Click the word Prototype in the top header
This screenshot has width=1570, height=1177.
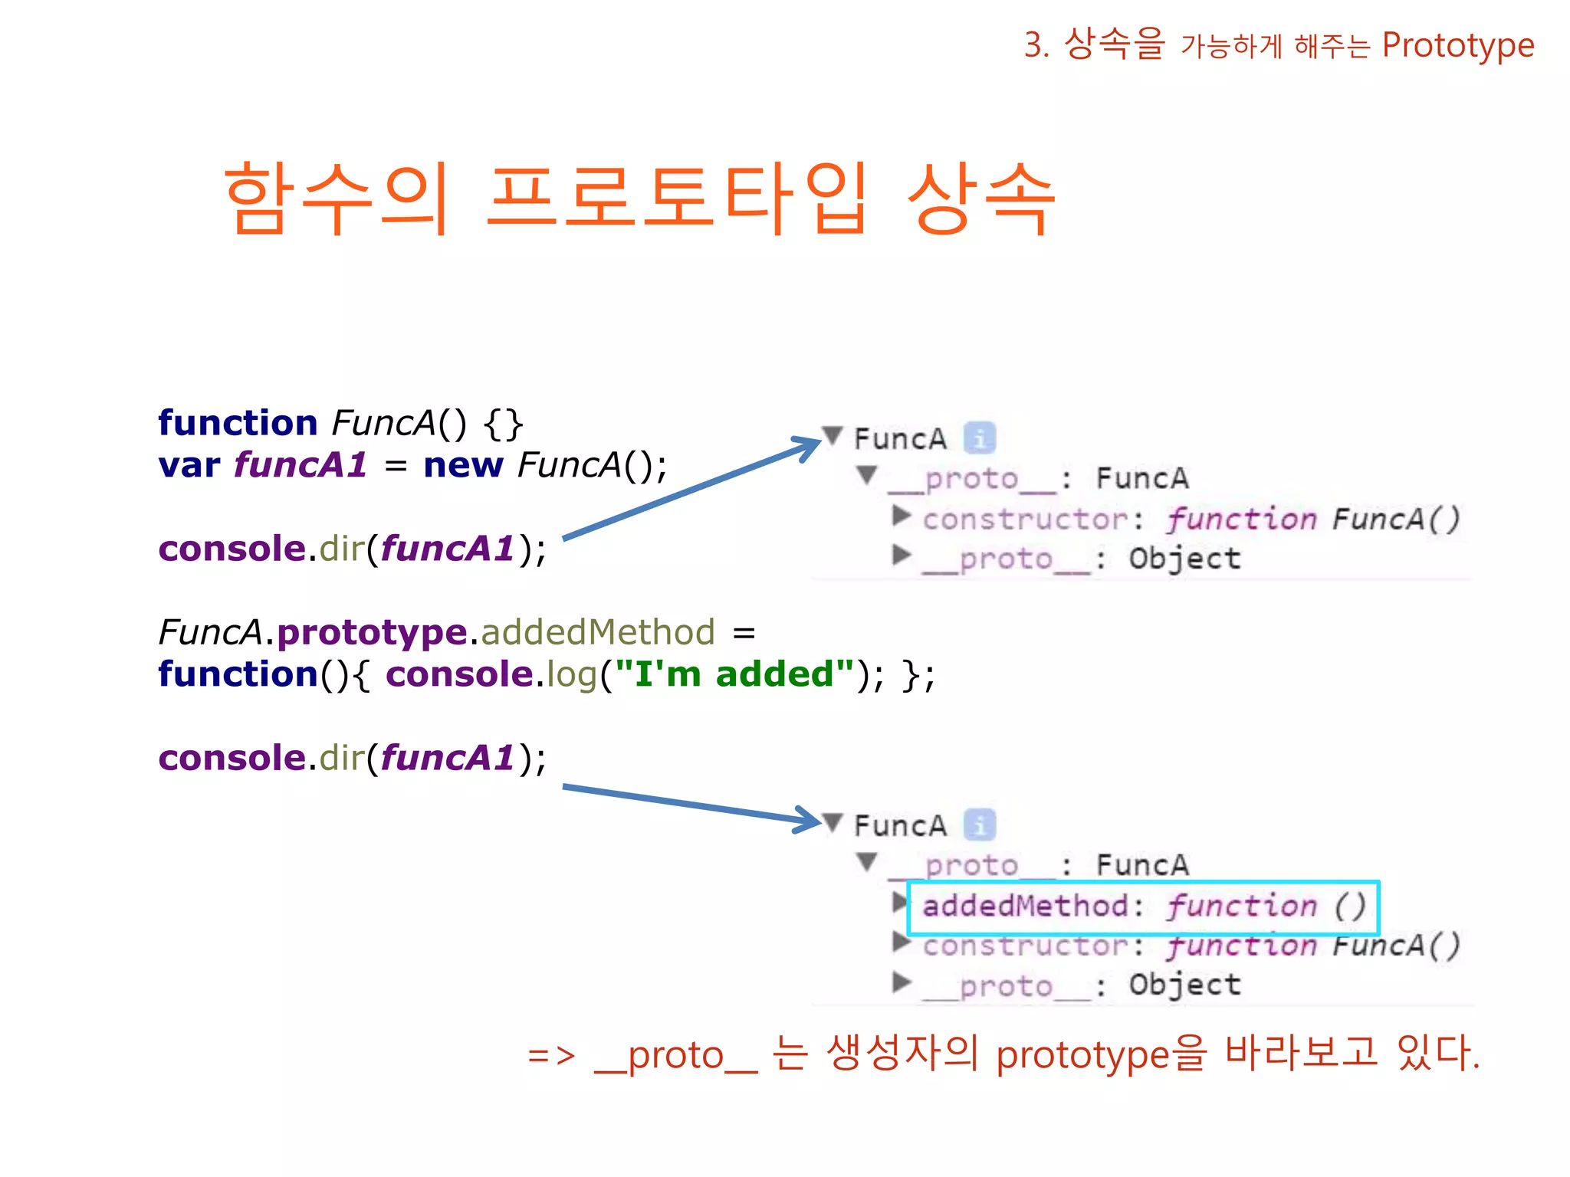[1457, 46]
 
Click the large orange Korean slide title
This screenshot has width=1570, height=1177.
[640, 198]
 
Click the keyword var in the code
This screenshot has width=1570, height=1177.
[189, 465]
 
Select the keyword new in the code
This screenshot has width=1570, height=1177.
[463, 465]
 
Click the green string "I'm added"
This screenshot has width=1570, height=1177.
[734, 674]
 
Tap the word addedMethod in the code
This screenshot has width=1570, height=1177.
[598, 633]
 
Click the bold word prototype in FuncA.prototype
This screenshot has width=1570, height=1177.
[372, 633]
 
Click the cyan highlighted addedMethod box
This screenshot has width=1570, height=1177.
[1142, 907]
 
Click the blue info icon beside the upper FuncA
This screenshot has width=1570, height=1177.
[979, 439]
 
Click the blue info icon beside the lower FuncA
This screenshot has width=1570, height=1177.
[979, 826]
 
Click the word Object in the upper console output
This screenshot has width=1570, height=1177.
[1184, 559]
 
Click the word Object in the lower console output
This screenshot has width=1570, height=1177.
[1184, 985]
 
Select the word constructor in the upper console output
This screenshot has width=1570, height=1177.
[1026, 520]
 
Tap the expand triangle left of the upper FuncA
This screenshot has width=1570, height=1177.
[833, 436]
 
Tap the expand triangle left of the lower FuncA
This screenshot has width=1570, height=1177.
[833, 823]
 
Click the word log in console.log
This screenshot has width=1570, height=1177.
[571, 674]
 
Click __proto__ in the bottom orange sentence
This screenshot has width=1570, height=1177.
[675, 1056]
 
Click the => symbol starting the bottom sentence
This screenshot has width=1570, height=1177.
[551, 1056]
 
